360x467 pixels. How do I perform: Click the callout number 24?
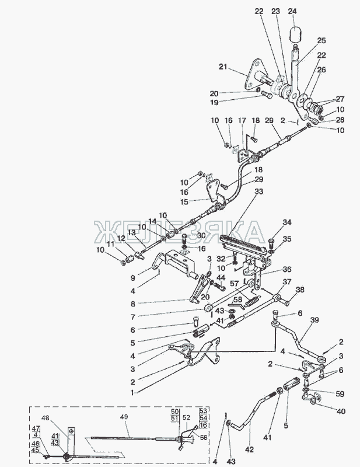pos(292,11)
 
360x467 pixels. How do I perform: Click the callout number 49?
pos(123,417)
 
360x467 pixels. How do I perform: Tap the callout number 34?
pos(286,222)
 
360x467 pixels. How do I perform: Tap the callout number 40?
pos(341,411)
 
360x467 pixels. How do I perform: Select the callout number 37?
pos(287,282)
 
